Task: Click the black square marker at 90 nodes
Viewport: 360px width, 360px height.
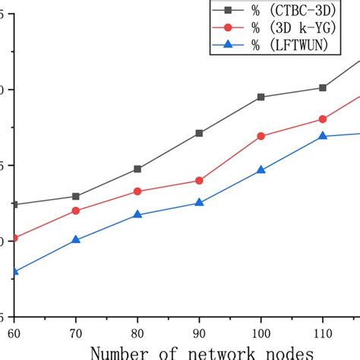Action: pyautogui.click(x=199, y=133)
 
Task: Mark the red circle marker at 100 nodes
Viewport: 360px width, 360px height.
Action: pyautogui.click(x=261, y=136)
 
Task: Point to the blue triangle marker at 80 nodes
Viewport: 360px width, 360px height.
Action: pyautogui.click(x=137, y=215)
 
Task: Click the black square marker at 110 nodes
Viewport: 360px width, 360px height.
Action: pyautogui.click(x=323, y=88)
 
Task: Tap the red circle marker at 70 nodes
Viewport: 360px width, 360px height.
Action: pyautogui.click(x=75, y=210)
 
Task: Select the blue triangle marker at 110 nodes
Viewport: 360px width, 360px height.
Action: pyautogui.click(x=323, y=136)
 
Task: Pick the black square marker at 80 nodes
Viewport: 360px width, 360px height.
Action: pyautogui.click(x=137, y=169)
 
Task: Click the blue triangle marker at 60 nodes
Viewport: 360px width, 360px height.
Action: pyautogui.click(x=14, y=271)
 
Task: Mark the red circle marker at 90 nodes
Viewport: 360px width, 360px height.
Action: pyautogui.click(x=199, y=181)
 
